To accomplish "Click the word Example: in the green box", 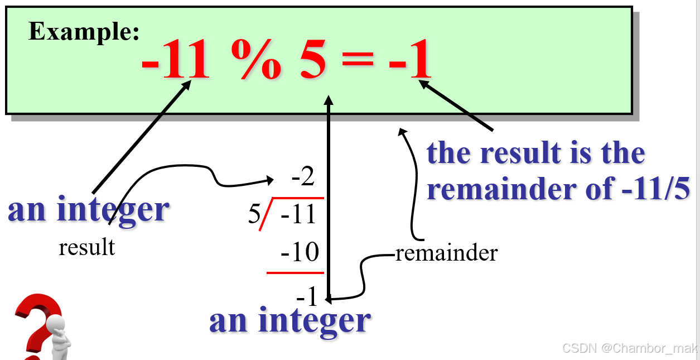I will (84, 31).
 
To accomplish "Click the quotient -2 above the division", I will (303, 178).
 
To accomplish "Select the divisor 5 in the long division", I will (254, 215).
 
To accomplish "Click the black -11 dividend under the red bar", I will (299, 215).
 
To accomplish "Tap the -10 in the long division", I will (300, 253).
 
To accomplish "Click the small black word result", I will (86, 247).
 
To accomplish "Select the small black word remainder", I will (446, 253).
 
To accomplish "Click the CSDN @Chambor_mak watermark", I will (629, 348).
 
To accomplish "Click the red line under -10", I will (295, 273).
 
